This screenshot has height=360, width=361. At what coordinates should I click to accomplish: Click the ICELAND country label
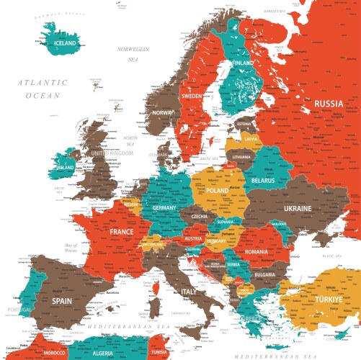pyautogui.click(x=66, y=43)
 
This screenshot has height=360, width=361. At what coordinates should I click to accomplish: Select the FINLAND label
pyautogui.click(x=243, y=63)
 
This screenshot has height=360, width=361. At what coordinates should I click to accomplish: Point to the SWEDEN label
pyautogui.click(x=192, y=96)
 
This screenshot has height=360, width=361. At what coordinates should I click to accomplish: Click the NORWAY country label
pyautogui.click(x=164, y=113)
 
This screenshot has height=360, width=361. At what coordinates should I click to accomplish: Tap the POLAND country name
pyautogui.click(x=217, y=191)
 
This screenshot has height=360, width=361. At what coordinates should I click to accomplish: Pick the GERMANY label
pyautogui.click(x=164, y=208)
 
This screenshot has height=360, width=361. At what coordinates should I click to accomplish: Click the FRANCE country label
pyautogui.click(x=121, y=233)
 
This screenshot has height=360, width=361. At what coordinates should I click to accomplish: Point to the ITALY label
pyautogui.click(x=189, y=292)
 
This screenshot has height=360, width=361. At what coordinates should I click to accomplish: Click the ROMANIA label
pyautogui.click(x=256, y=253)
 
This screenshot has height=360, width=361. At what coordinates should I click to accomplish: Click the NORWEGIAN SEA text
pyautogui.click(x=133, y=54)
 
